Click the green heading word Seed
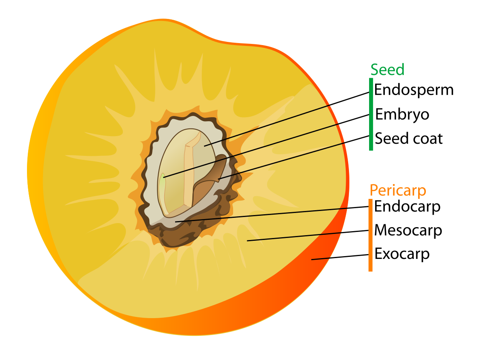click(387, 70)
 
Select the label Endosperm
click(414, 90)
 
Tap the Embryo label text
click(402, 114)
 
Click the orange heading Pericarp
click(398, 190)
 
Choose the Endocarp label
click(407, 206)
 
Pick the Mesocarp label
click(408, 230)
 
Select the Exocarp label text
click(402, 254)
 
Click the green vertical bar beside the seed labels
click(371, 114)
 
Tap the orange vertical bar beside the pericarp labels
click(370, 235)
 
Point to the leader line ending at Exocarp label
click(340, 257)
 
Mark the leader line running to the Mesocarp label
click(308, 236)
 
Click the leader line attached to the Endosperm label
click(287, 119)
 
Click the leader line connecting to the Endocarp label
click(272, 214)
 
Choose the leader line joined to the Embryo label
click(266, 146)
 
